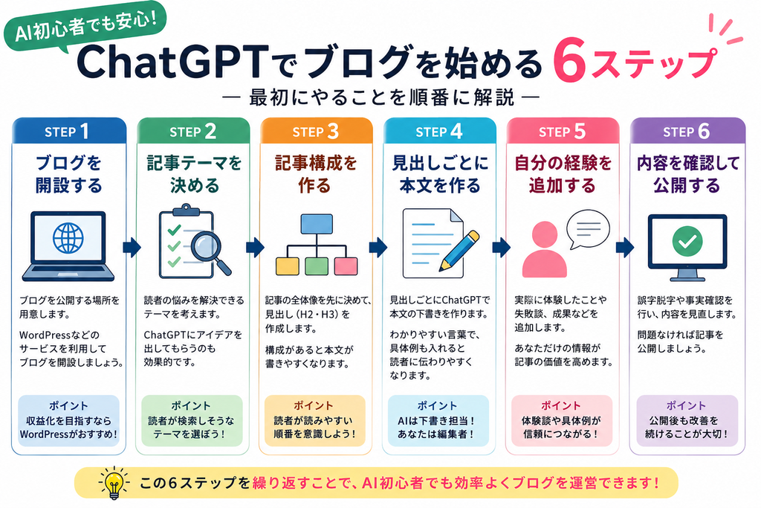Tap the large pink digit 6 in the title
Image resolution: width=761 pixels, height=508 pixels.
[x=569, y=60]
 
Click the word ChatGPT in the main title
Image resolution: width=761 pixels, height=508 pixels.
[x=172, y=62]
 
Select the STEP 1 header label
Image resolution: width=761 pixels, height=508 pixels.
[x=67, y=132]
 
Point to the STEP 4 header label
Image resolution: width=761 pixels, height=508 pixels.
[x=438, y=132]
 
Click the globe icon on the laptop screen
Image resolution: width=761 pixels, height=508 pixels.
[x=68, y=238]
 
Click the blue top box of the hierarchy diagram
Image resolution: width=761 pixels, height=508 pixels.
[x=317, y=224]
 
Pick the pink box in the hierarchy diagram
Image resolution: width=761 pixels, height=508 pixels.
[x=346, y=266]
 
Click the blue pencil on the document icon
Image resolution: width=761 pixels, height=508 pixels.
[x=459, y=251]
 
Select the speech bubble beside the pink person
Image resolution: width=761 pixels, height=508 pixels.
[x=588, y=229]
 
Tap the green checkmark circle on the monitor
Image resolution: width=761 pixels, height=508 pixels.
[x=687, y=242]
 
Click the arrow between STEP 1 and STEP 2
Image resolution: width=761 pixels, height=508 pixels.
[x=132, y=247]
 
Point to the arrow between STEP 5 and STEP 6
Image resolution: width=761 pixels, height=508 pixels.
[x=625, y=247]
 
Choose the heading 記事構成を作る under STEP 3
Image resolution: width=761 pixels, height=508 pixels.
[x=316, y=174]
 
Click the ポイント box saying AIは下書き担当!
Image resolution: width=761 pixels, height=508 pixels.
[x=438, y=420]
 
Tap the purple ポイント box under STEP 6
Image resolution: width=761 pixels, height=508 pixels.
[x=687, y=420]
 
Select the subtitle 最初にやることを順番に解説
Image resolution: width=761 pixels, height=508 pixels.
[x=381, y=97]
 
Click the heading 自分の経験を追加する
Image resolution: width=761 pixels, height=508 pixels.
[x=563, y=174]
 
